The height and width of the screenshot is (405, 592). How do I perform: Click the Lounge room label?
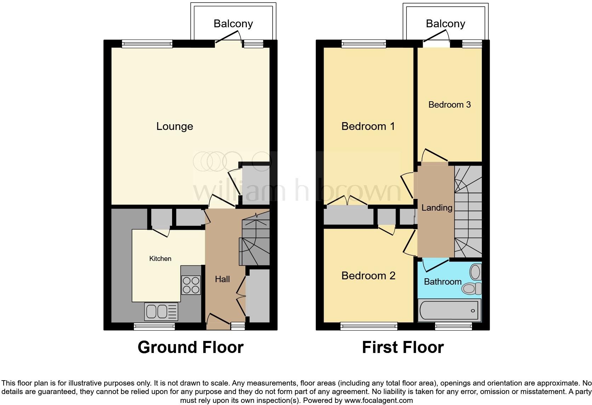[x=175, y=126]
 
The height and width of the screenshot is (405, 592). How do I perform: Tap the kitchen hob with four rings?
[x=191, y=285]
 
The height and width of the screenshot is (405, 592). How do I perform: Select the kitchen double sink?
[x=161, y=312]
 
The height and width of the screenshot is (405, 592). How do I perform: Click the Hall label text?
[x=222, y=279]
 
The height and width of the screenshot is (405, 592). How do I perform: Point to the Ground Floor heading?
[x=190, y=347]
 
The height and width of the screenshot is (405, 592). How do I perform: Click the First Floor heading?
[x=403, y=347]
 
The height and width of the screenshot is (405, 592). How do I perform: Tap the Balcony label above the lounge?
[x=233, y=24]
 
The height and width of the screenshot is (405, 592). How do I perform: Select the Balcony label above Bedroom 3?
[x=445, y=24]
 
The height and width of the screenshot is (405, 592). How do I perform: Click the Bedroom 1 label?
[x=368, y=126]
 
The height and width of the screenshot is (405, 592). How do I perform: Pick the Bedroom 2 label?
[x=368, y=276]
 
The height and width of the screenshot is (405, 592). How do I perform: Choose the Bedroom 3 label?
[x=449, y=105]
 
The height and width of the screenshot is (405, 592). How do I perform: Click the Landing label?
[x=437, y=208]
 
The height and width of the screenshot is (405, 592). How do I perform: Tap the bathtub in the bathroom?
[x=449, y=310]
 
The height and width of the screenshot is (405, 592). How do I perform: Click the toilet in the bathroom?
[x=471, y=289]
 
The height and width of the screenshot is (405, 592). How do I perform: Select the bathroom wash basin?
[x=475, y=272]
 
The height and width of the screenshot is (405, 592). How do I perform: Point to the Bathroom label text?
[x=443, y=282]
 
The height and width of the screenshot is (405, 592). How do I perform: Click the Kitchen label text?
[x=160, y=259]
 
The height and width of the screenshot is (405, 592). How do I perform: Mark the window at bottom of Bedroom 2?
[x=369, y=326]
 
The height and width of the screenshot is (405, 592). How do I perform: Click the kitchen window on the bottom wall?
[x=154, y=326]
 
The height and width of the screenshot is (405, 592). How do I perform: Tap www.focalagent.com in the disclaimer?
[x=378, y=401]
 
